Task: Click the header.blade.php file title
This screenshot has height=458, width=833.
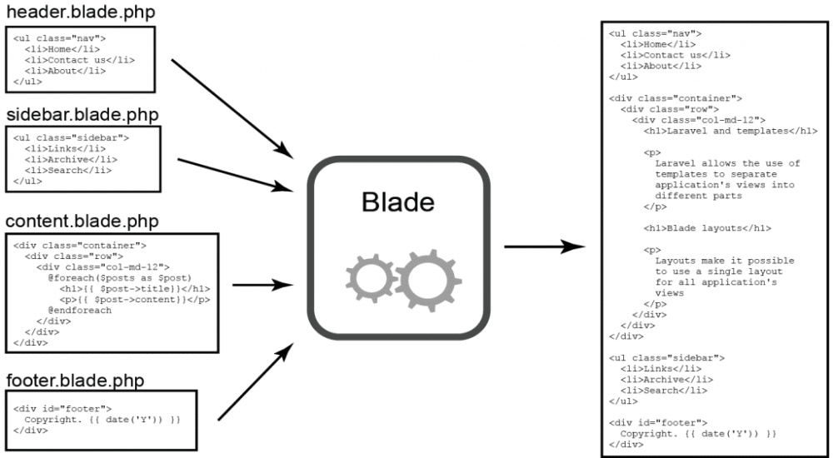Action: pyautogui.click(x=80, y=13)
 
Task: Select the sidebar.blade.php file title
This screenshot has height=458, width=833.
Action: pyautogui.click(x=82, y=113)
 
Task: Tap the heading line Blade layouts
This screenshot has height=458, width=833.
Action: pyautogui.click(x=707, y=227)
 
